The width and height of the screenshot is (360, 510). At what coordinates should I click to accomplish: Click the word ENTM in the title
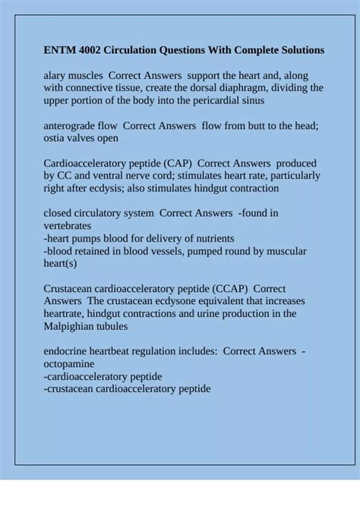click(60, 50)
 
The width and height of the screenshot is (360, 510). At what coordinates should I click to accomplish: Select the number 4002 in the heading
click(95, 50)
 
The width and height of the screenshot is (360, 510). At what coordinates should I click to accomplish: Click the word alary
click(56, 76)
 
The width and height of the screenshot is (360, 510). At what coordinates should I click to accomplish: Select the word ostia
click(56, 138)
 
